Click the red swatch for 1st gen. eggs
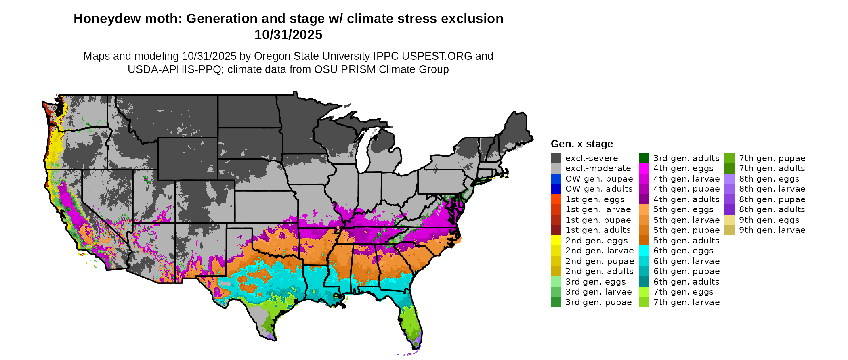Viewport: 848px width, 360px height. (556, 199)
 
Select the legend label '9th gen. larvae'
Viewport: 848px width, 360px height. (772, 230)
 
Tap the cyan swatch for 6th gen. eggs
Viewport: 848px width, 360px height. (644, 251)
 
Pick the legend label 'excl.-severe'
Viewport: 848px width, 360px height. (591, 158)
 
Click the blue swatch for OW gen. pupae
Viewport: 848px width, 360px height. (556, 179)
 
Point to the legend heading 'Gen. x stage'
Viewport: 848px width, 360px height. (581, 144)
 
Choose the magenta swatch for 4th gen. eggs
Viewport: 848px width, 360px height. (644, 168)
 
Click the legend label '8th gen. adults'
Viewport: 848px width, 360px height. (772, 209)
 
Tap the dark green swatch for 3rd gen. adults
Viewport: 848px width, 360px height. (644, 158)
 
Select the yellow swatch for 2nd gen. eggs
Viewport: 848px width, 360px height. (556, 241)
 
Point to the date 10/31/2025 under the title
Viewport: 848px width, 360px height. (288, 35)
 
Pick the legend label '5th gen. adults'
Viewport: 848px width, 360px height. (686, 241)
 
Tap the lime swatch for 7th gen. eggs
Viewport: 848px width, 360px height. (644, 292)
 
